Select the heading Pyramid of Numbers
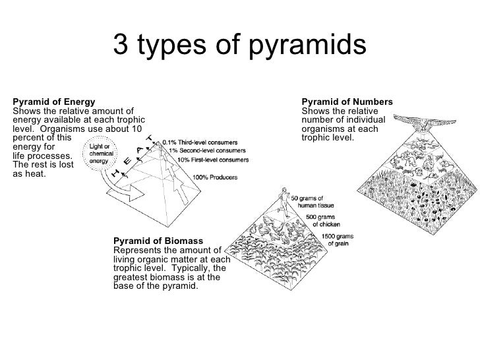[347, 102]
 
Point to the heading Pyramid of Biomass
[158, 241]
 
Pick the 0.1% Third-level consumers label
[201, 141]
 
